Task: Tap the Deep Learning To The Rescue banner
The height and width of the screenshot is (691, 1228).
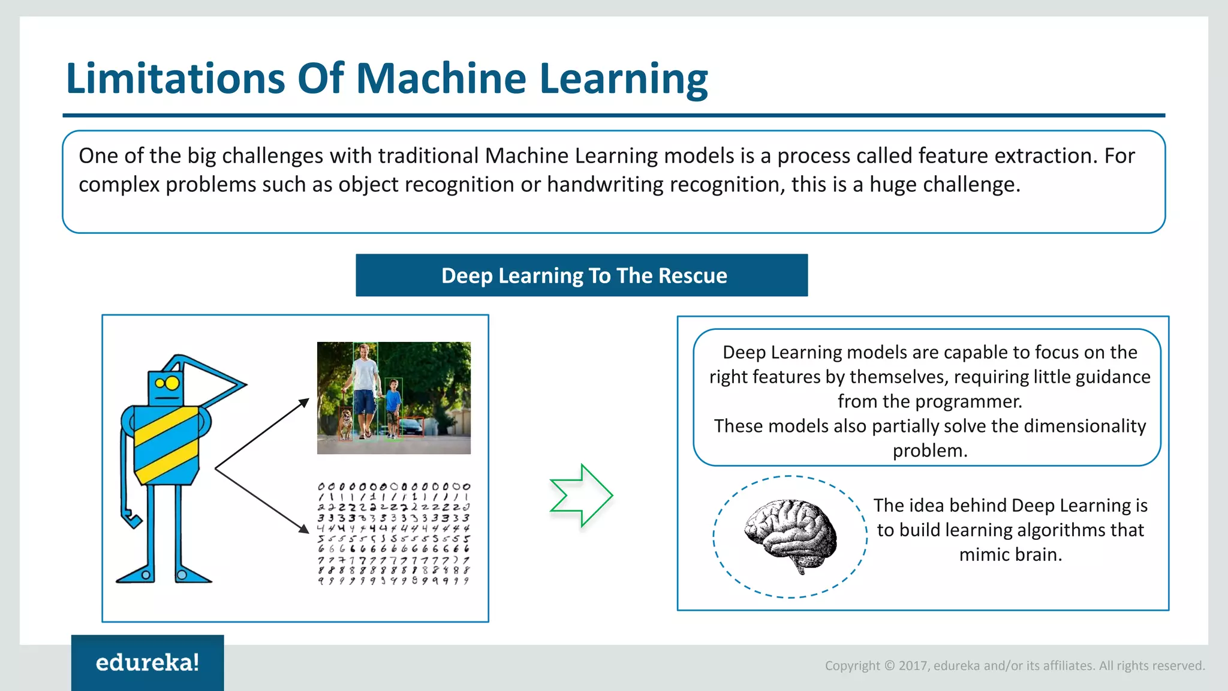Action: [x=582, y=275]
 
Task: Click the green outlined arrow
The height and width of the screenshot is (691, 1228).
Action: [x=581, y=495]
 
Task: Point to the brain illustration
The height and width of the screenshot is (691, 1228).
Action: [x=790, y=536]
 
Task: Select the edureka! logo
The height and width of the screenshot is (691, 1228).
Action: [x=148, y=662]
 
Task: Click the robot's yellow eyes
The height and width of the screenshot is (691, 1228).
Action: [x=167, y=383]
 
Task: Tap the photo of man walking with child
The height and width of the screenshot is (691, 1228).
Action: [x=393, y=397]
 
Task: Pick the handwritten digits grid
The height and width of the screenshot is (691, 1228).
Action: [x=393, y=533]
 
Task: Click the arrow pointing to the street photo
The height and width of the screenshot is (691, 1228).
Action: [x=263, y=434]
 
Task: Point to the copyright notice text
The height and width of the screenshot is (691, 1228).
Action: [x=1015, y=665]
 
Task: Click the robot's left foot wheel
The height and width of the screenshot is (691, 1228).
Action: [x=146, y=575]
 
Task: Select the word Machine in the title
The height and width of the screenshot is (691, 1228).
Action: [x=441, y=79]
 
